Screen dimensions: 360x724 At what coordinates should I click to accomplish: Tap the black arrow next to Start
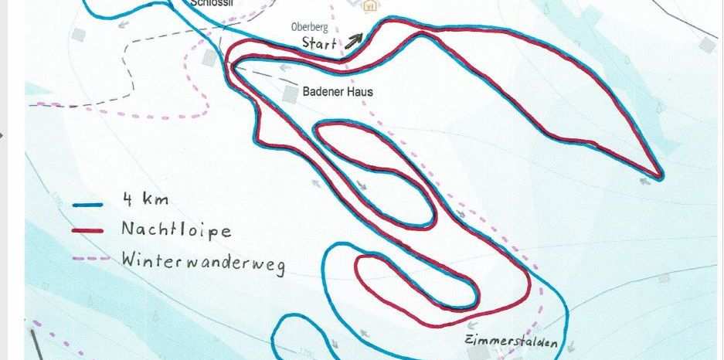(353, 40)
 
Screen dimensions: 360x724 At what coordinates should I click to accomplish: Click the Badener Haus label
(338, 92)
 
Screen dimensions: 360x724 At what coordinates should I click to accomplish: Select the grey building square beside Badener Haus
(290, 93)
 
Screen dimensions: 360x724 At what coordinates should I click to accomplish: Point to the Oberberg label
(309, 27)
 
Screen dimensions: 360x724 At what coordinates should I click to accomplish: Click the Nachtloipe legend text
(175, 229)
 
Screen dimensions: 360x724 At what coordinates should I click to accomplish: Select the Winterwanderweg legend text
(202, 261)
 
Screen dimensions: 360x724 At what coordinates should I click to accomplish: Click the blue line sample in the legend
(88, 205)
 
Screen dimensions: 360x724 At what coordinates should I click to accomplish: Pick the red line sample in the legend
(88, 230)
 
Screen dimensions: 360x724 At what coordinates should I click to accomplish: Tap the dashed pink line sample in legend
(88, 259)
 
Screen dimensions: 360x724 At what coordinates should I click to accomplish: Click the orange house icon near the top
(369, 5)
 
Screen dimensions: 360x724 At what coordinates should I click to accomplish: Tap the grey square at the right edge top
(707, 46)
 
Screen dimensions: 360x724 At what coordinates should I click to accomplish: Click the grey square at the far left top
(78, 35)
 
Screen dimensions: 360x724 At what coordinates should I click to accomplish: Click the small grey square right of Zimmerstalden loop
(662, 277)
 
